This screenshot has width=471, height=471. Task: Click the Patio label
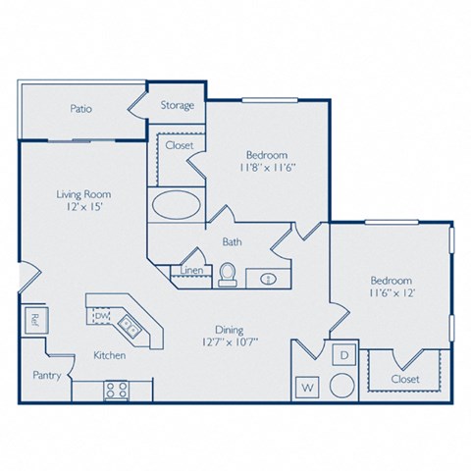[81, 108]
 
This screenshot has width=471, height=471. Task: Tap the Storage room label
[177, 105]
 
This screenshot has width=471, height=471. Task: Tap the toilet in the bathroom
[227, 275]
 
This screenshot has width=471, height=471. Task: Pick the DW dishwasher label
[102, 316]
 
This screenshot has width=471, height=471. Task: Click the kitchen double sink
[128, 323]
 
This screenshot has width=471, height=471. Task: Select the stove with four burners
[117, 390]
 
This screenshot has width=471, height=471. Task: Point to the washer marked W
[307, 388]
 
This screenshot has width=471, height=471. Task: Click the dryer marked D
[343, 354]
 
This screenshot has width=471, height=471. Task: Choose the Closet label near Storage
[180, 145]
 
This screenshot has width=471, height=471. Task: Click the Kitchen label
[109, 355]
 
